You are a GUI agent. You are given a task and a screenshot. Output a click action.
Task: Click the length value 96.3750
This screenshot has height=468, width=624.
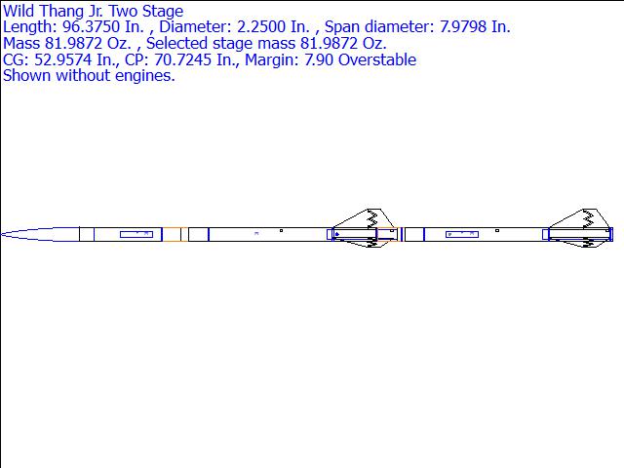(91, 27)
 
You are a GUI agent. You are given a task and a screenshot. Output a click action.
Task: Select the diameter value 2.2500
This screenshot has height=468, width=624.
(261, 27)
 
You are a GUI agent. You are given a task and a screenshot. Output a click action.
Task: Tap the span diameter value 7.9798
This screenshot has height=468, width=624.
(463, 27)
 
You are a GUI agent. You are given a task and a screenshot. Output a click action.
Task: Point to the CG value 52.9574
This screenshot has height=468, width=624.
(62, 59)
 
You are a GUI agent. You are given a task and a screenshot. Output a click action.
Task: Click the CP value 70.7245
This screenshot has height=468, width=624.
(183, 59)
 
